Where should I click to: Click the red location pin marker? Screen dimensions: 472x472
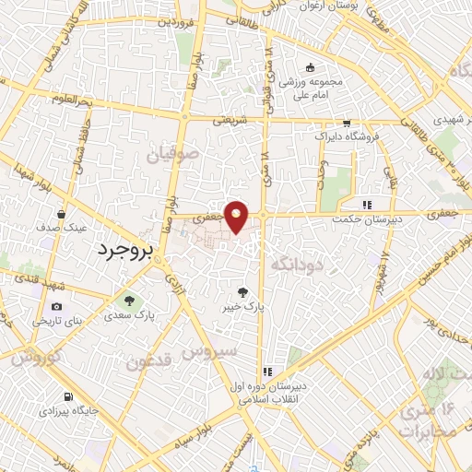tap(238, 216)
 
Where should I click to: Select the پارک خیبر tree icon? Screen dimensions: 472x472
tap(242, 290)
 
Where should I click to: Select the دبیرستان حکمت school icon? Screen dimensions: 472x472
tap(367, 205)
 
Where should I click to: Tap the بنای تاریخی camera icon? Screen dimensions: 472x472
tap(57, 307)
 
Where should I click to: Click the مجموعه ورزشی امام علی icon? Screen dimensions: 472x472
tap(310, 66)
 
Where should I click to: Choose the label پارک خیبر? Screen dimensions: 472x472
tap(243, 308)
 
